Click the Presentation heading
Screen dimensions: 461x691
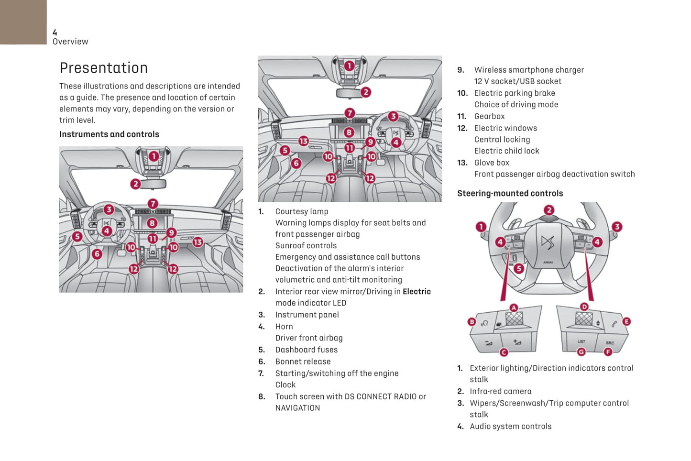[103, 68]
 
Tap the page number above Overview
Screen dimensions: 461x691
[55, 33]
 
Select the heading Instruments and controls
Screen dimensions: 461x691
[109, 134]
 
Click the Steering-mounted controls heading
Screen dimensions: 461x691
[510, 193]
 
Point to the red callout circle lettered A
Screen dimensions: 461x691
[514, 307]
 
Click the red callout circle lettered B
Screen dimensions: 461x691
[472, 322]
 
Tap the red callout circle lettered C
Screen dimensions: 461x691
[504, 352]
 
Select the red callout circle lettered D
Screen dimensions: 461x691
[584, 307]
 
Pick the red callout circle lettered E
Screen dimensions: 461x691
[626, 321]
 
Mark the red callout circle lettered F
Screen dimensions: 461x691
[608, 352]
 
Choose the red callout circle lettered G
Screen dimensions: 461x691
[581, 352]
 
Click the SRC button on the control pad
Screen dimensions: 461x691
[610, 342]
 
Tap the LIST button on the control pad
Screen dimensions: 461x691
[581, 341]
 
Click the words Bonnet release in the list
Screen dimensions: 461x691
[303, 362]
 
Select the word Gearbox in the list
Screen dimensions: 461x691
[489, 116]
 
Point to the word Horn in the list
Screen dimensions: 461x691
[284, 327]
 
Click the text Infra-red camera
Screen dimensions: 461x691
[500, 391]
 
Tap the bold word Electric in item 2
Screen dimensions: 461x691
[417, 292]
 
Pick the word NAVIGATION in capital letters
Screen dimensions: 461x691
[297, 408]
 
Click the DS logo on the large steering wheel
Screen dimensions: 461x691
[548, 242]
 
